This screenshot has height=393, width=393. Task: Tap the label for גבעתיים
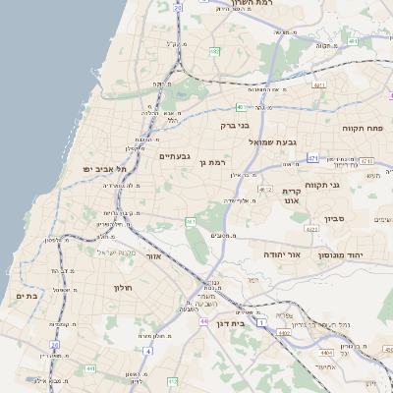click(174, 155)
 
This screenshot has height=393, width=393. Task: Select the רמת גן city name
click(212, 162)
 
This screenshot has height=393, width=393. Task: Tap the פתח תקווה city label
click(363, 128)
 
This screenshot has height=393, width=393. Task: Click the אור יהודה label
click(281, 253)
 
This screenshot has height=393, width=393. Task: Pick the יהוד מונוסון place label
click(340, 254)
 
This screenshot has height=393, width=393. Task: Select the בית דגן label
click(255, 321)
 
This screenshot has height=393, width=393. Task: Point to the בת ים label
click(27, 295)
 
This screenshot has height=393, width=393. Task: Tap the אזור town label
click(152, 255)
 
